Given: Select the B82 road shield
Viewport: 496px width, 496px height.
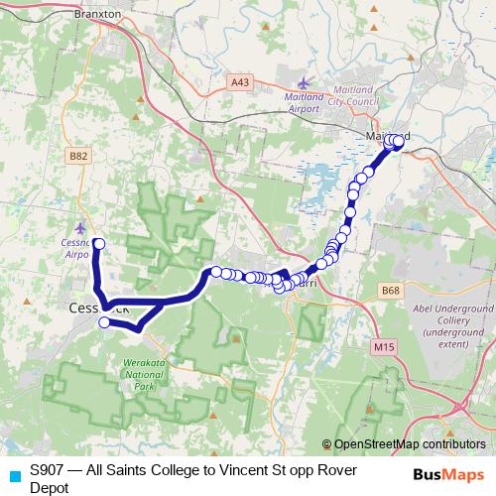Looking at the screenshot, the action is [x=79, y=156].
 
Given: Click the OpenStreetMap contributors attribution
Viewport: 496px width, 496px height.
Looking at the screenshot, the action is [x=403, y=444].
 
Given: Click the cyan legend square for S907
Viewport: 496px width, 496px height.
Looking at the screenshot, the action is [x=14, y=475].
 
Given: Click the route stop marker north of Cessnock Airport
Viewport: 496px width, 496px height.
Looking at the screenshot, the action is [x=98, y=243].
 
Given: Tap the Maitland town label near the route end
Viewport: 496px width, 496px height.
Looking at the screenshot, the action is [x=389, y=136].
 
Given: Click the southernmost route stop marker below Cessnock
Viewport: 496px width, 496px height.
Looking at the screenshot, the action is [x=104, y=322].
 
